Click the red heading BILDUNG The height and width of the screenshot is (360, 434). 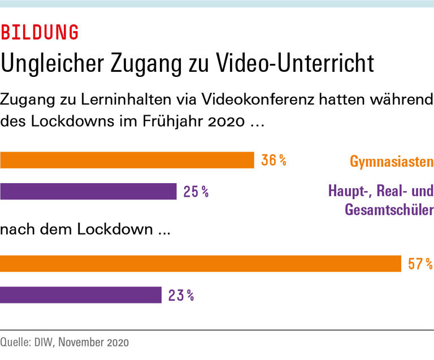point(40,33)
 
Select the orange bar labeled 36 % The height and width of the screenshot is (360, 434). point(127,161)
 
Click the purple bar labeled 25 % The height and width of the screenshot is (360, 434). point(88,192)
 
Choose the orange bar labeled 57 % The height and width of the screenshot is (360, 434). point(200,263)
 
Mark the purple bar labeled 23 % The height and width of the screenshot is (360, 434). point(81,294)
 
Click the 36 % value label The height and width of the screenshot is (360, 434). point(274,161)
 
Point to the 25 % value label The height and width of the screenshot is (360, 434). point(196,192)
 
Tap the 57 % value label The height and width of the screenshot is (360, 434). point(420,263)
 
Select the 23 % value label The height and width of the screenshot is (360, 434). point(181,294)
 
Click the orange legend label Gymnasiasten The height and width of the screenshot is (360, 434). point(392,162)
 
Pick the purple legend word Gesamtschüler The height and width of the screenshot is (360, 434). point(388,210)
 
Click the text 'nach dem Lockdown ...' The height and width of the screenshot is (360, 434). point(85,229)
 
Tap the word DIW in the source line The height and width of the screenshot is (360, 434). point(45,342)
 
